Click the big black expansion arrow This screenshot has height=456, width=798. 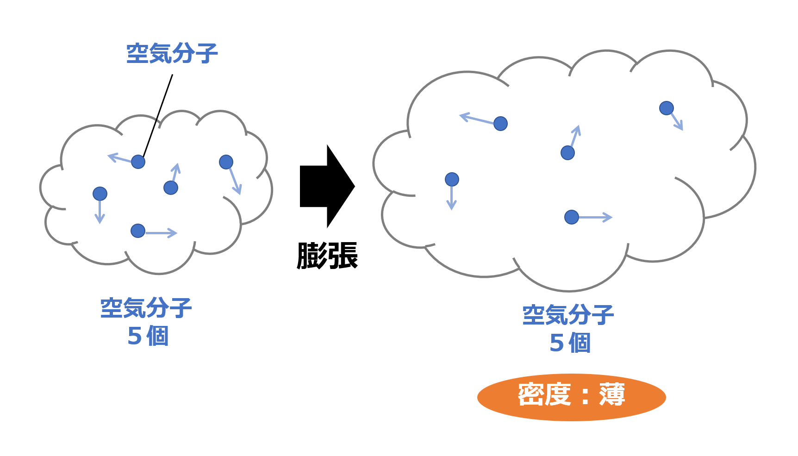point(325,187)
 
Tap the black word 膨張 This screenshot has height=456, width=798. point(327,256)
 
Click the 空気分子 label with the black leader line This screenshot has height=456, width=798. point(172,54)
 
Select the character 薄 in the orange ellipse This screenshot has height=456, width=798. point(612,395)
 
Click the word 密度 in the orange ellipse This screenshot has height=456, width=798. point(544,395)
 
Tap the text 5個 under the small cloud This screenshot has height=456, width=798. point(148,336)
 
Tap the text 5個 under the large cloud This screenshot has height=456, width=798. point(570,343)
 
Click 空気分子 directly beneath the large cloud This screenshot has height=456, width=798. point(568,315)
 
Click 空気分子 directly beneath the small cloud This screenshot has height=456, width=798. point(146,308)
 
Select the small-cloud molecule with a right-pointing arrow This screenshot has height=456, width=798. point(138,231)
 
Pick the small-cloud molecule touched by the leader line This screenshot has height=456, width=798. point(138,162)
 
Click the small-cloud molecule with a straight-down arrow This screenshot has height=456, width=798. point(100,194)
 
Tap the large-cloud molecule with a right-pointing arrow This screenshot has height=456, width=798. point(572,217)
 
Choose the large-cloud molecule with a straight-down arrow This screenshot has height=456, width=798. point(452,179)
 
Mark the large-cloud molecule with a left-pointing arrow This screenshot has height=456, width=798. point(500,124)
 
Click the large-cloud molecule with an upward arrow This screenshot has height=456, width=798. point(567,152)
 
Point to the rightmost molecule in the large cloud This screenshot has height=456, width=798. point(667,108)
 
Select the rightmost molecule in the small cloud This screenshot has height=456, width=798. point(226,162)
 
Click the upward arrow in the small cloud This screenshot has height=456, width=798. point(175,172)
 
